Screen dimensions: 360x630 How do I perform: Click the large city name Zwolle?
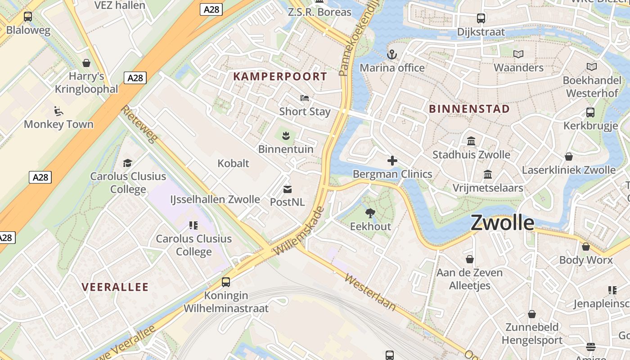[x=502, y=223]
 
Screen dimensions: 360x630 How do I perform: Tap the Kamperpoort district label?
[x=280, y=76]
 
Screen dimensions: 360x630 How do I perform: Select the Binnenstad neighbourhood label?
[x=469, y=109]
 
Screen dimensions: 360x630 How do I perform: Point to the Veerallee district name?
[x=115, y=287]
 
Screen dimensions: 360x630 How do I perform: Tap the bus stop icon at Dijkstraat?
[x=481, y=18]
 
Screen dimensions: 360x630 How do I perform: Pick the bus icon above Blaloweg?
[x=28, y=17]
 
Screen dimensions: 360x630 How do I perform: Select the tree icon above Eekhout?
[x=370, y=213]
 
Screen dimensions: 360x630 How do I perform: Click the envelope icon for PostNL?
[x=288, y=189]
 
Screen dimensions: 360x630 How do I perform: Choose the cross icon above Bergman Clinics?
[x=392, y=161]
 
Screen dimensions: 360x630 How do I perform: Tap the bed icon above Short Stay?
[x=305, y=98]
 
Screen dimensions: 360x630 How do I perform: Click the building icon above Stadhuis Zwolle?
[x=471, y=141]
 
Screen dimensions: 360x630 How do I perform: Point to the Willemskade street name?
[x=298, y=231]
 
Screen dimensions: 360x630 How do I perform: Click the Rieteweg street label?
[x=139, y=124]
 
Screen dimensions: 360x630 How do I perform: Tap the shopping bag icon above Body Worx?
[x=586, y=247]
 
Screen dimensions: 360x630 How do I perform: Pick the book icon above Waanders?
[x=518, y=54]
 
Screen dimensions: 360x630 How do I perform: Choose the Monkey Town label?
[x=58, y=124]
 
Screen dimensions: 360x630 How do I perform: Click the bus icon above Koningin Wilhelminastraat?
[x=226, y=282]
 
